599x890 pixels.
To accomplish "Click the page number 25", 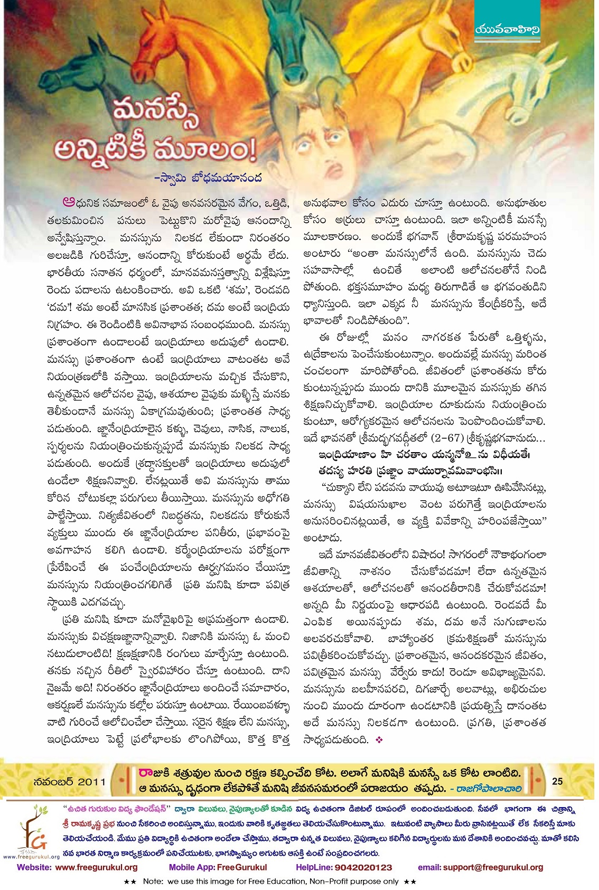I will (557, 781).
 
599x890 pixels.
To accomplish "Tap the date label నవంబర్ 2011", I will (69, 781).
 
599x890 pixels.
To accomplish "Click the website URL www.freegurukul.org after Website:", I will (96, 867).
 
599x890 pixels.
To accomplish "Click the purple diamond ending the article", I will (378, 740).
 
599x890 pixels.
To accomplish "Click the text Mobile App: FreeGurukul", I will (218, 867).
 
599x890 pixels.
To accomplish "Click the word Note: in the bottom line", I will (153, 882).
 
